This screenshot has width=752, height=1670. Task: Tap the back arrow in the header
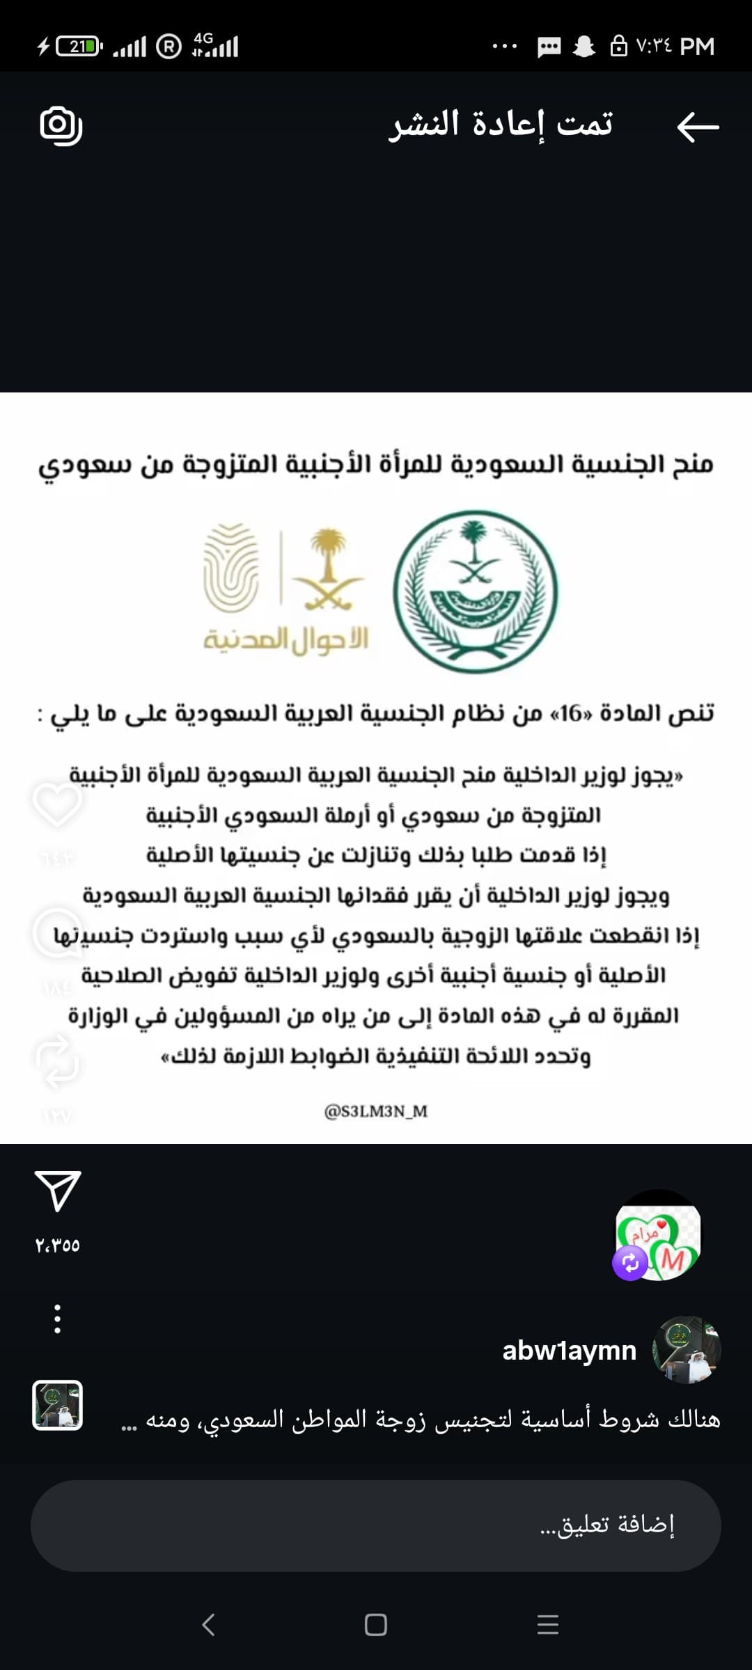698,127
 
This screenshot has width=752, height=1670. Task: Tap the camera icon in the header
61,126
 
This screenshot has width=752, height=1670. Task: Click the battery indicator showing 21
79,47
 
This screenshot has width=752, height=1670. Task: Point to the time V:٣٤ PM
675,47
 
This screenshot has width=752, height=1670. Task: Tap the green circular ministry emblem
476,591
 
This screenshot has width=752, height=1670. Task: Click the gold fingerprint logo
230,568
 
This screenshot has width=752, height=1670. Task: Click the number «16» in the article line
570,713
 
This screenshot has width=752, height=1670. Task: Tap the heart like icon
57,804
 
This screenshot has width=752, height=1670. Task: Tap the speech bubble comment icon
57,932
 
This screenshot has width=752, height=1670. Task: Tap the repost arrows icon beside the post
57,1062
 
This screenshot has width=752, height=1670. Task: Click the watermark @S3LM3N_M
376,1111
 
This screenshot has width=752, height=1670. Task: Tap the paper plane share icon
58,1191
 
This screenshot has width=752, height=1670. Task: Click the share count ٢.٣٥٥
58,1245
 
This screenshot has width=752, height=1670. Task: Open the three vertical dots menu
58,1319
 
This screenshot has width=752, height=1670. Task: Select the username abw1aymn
569,1351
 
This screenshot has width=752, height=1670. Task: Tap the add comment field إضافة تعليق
376,1525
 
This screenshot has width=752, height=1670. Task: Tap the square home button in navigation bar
376,1625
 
